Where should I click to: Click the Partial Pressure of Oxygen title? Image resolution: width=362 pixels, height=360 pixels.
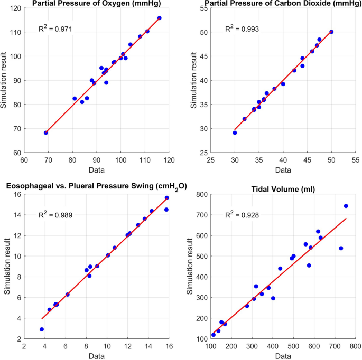96,4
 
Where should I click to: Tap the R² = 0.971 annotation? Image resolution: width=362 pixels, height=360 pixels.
55,29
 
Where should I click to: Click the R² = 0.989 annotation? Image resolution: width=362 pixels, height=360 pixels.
55,214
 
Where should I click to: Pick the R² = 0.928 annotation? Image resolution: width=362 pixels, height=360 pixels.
242,214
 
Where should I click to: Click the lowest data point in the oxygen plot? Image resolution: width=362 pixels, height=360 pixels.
46,133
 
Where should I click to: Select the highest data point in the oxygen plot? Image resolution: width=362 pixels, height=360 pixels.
160,18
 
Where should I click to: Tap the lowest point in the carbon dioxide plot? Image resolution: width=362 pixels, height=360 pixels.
235,133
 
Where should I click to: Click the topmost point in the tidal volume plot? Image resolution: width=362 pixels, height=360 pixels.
346,206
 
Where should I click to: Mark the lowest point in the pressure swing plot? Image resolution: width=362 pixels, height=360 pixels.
42,329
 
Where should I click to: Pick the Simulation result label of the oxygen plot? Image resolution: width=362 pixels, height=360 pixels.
5,81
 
